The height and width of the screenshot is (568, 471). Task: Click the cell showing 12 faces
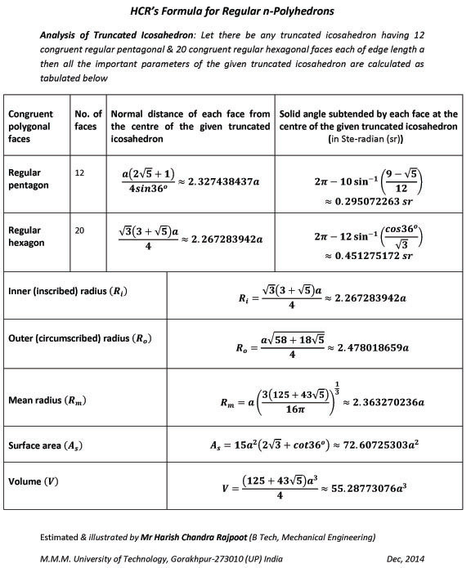80,173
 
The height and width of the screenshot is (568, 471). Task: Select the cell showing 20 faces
80,231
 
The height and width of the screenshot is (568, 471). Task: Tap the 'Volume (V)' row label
31,481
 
